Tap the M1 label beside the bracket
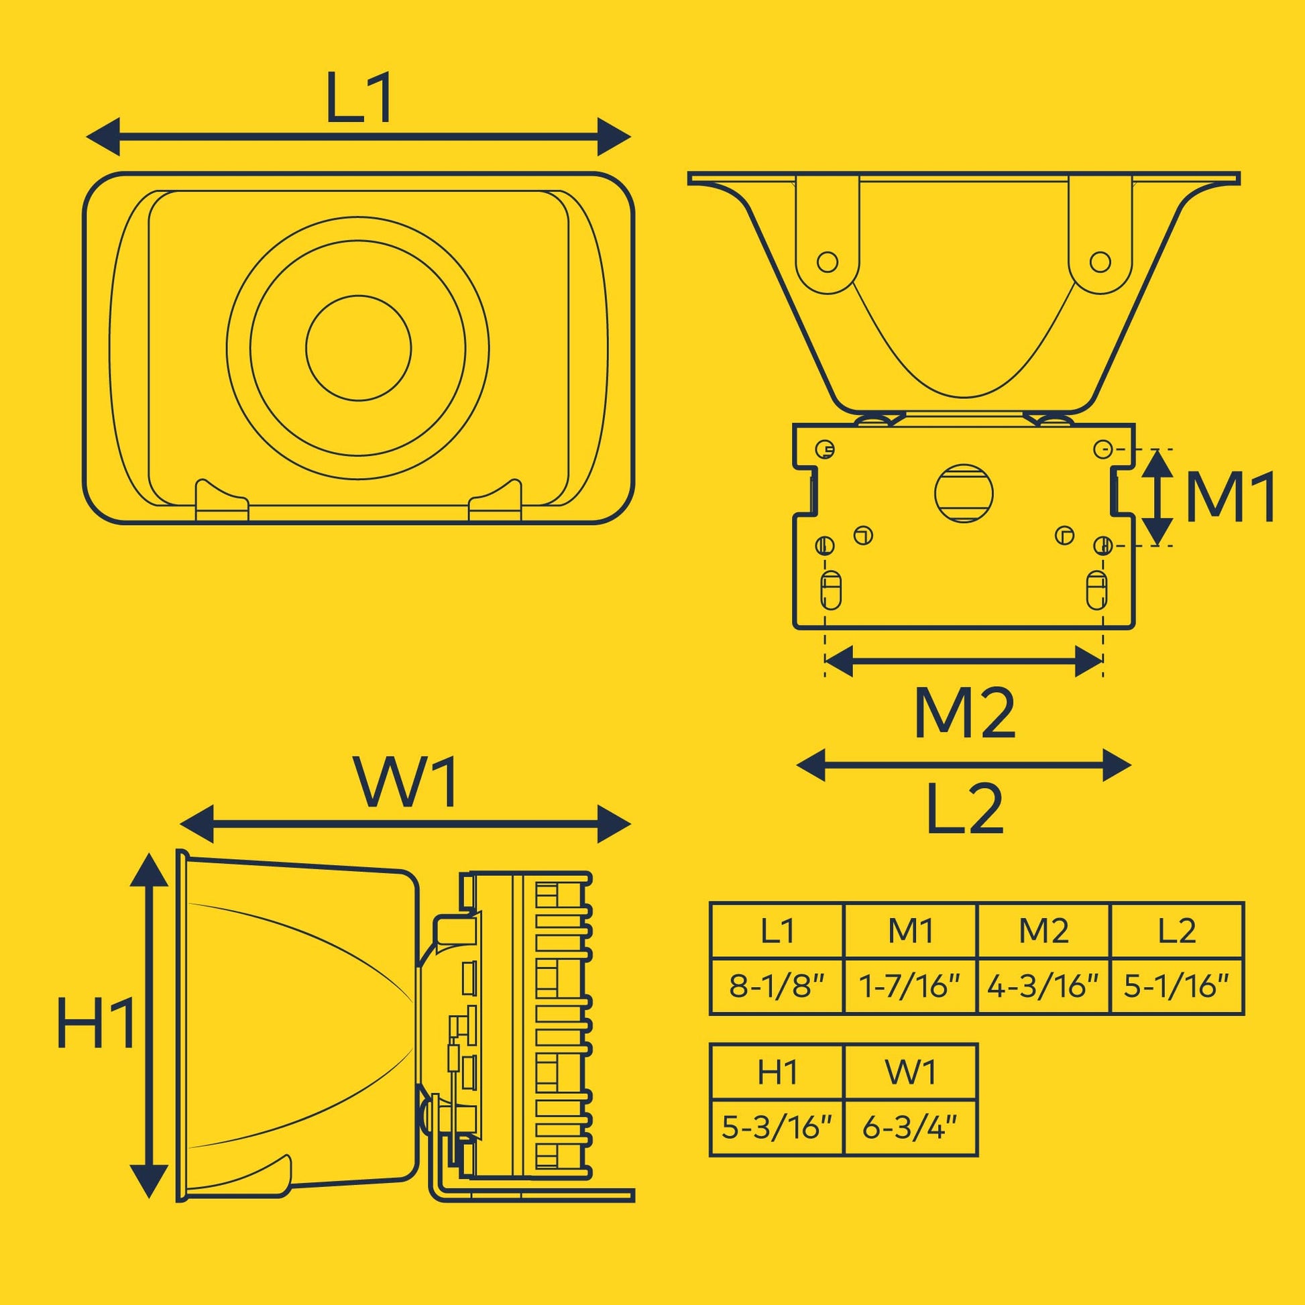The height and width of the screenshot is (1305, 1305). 1230,497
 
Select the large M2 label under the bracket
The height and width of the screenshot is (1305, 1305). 964,714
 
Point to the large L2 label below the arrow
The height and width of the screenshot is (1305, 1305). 964,807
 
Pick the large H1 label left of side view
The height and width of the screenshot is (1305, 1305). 96,1022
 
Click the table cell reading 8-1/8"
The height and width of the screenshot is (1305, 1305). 777,986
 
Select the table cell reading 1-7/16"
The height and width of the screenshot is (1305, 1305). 911,986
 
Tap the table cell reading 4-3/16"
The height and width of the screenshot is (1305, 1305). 1043,986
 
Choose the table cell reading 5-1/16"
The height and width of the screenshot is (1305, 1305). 1177,986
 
